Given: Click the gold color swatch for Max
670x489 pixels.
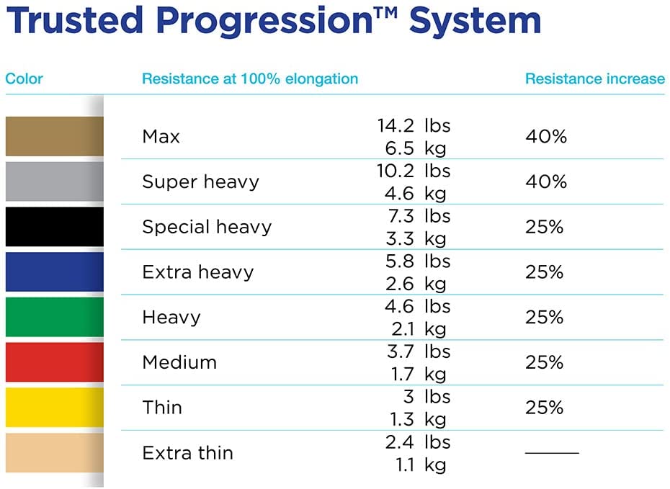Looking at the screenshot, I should (54, 136).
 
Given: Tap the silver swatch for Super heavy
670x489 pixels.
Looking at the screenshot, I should (54, 181).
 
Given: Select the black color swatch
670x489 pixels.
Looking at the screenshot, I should (54, 227).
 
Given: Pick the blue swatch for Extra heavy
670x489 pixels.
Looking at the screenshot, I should (54, 272).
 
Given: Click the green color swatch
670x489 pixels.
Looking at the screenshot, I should (54, 317).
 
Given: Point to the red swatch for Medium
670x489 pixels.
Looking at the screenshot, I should (54, 362).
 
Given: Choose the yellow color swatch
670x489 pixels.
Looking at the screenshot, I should (54, 408).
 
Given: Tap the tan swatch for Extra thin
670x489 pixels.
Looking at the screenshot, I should (54, 453).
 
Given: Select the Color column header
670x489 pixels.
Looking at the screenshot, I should (24, 78).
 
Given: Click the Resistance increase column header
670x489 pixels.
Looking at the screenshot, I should (594, 78).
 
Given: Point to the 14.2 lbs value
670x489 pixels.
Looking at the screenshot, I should (414, 125).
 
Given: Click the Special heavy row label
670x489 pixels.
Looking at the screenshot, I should (207, 227).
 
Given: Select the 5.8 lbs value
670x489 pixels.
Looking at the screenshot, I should (418, 261).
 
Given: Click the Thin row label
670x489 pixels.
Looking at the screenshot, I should (162, 408).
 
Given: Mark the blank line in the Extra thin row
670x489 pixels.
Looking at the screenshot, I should (552, 453).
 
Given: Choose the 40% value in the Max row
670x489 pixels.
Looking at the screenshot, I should (545, 136).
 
